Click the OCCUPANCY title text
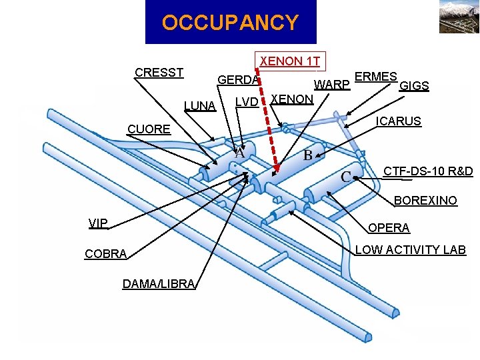tap(230, 23)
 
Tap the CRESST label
tap(159, 72)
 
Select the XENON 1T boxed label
tap(289, 61)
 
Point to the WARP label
tap(332, 85)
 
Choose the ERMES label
tap(376, 76)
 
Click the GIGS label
tap(413, 86)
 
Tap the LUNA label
tap(200, 106)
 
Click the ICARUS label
tap(399, 121)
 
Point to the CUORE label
tap(149, 129)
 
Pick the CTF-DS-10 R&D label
tap(428, 171)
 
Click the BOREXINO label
tap(425, 200)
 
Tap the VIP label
tap(98, 223)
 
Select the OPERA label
tap(389, 228)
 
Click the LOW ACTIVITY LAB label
tap(410, 250)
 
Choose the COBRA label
tap(105, 254)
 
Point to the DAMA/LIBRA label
tap(158, 284)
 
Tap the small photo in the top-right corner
tap(458, 17)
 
